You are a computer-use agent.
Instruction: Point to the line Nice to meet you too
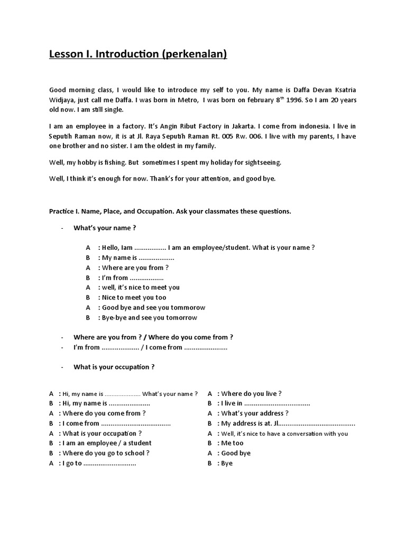tap(133, 297)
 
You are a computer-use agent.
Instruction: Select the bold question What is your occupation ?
tap(114, 367)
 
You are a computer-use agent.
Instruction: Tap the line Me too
tap(232, 443)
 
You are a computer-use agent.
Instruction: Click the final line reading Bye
tap(227, 463)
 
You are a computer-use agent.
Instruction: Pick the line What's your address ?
tap(255, 413)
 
